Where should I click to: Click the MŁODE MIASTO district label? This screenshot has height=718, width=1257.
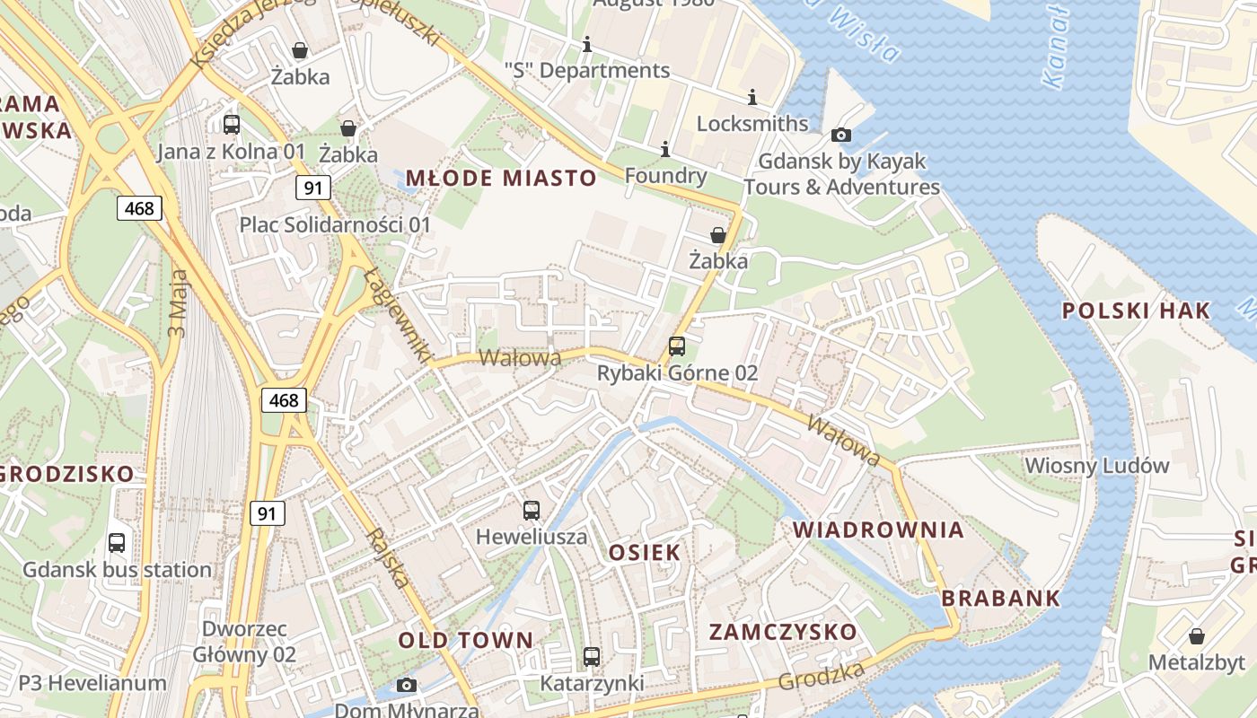(x=501, y=178)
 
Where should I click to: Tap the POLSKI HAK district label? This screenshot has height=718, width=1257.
(x=1136, y=311)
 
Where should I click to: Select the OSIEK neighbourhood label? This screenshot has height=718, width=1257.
(x=644, y=552)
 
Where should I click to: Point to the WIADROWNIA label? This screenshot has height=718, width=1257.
(x=878, y=530)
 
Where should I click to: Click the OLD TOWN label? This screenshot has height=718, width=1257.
(x=465, y=640)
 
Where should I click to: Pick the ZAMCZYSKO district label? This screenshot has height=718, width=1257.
(x=783, y=632)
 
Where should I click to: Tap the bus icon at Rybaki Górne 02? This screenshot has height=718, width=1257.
(x=677, y=346)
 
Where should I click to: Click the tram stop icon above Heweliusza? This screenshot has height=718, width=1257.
(x=532, y=511)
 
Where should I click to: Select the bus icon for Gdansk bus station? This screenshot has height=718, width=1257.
(x=117, y=542)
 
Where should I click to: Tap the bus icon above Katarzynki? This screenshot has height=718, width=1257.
(x=591, y=657)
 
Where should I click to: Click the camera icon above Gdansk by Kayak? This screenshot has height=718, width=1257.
(x=841, y=136)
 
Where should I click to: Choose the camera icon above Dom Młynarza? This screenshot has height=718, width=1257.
(x=407, y=686)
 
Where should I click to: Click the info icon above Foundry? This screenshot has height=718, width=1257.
(x=665, y=148)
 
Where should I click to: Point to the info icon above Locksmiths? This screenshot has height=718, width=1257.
(x=752, y=97)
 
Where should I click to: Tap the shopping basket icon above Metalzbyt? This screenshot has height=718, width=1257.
(x=1197, y=636)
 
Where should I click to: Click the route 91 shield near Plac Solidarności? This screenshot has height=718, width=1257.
(x=313, y=188)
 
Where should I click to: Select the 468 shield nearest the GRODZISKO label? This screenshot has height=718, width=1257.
(x=284, y=400)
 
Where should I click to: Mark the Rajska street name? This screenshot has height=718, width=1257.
(x=389, y=557)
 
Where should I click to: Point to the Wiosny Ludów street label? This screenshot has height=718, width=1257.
(x=1097, y=466)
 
